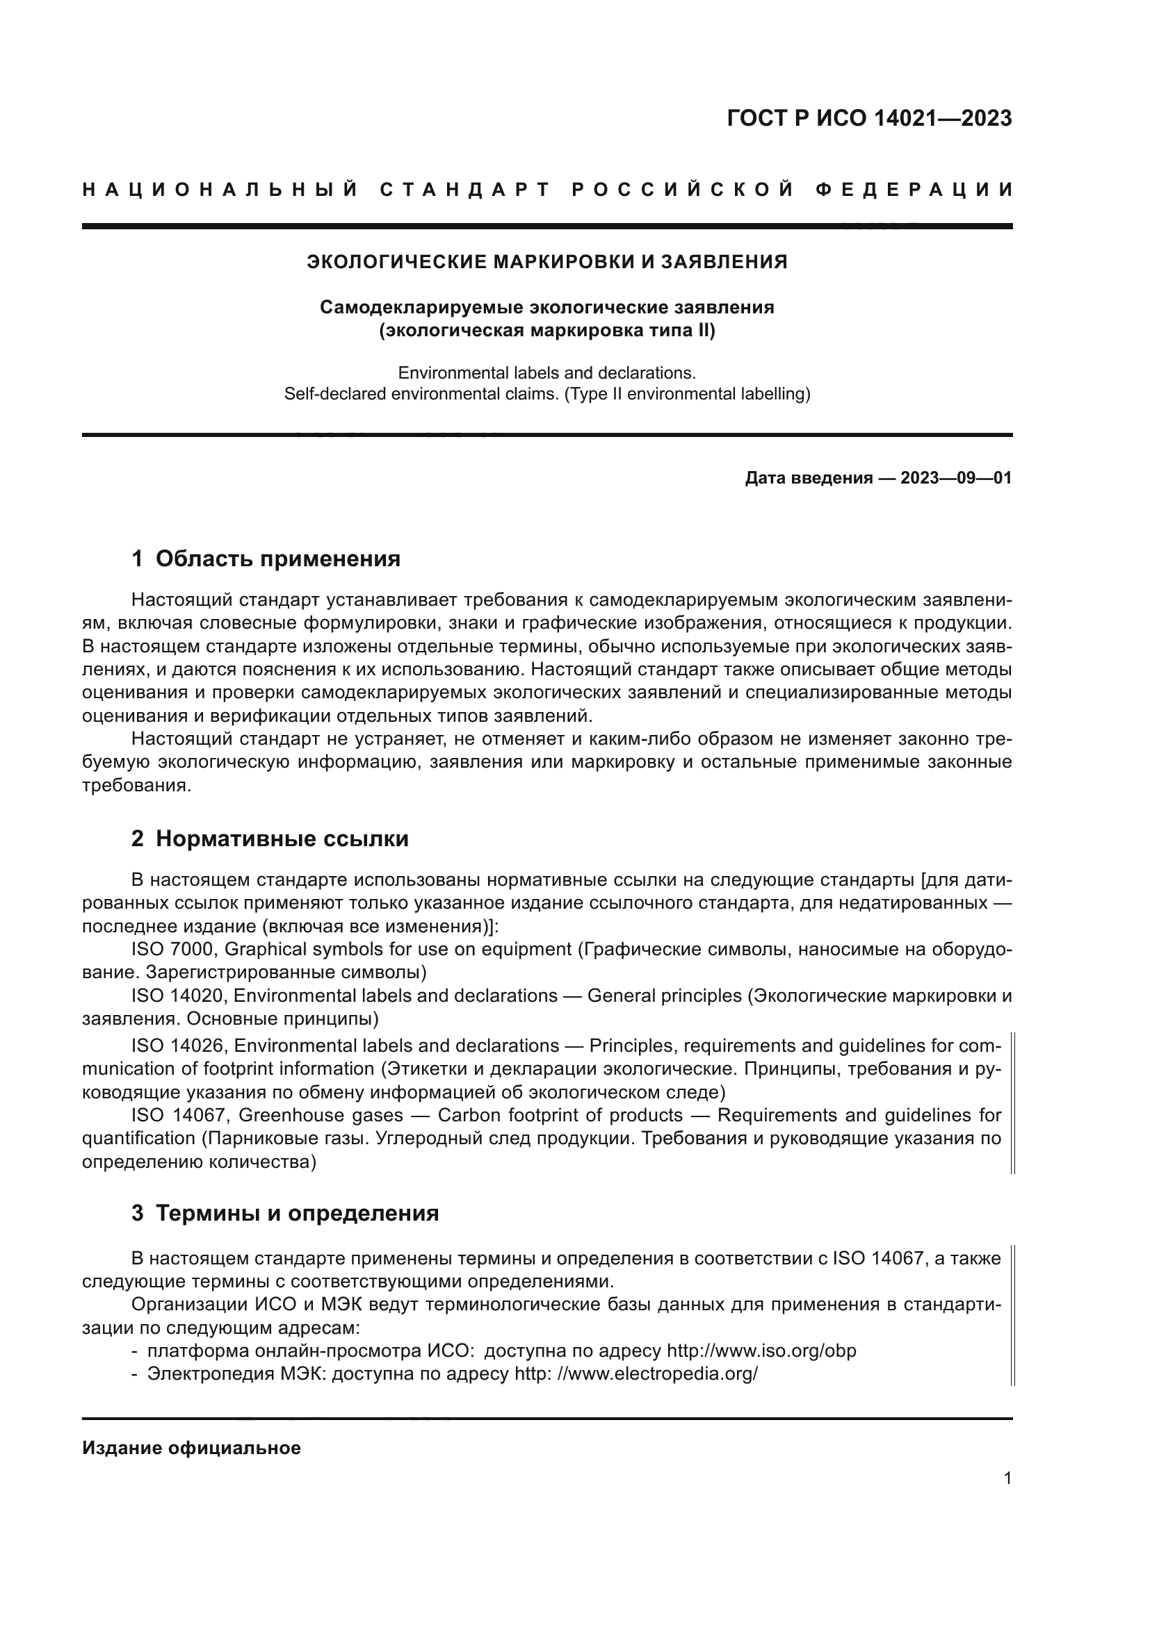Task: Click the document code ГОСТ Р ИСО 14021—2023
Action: tap(869, 118)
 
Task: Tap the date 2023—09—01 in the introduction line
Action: tap(955, 479)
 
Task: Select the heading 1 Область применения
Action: tap(266, 559)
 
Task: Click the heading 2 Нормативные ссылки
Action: tap(270, 839)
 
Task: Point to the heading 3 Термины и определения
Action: tap(285, 1214)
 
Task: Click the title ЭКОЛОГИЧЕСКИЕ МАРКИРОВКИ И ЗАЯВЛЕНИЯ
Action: tap(546, 263)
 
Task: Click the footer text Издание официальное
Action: tap(191, 1448)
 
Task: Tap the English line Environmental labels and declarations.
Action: tap(546, 373)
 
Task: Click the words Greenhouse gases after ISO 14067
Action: tap(320, 1116)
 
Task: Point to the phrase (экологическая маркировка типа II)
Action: tap(546, 331)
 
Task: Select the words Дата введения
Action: tap(808, 479)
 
